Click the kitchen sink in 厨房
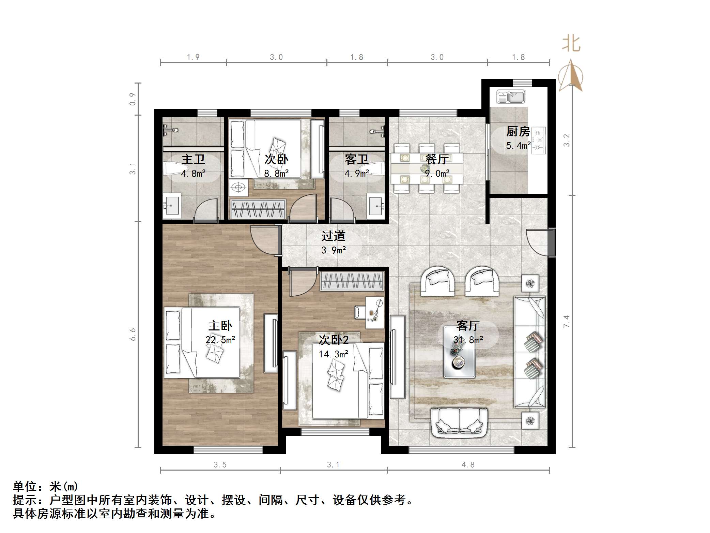click(x=510, y=97)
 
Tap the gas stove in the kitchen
click(x=538, y=140)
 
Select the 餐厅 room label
click(x=437, y=159)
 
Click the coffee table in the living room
click(x=459, y=352)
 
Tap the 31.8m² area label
click(x=468, y=340)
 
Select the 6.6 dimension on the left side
click(x=133, y=334)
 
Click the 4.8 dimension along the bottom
click(x=468, y=465)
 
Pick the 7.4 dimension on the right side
click(x=566, y=321)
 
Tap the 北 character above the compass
click(x=571, y=44)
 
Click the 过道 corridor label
click(x=334, y=236)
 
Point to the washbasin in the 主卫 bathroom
click(x=172, y=205)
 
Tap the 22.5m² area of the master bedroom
click(x=220, y=340)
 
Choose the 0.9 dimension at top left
click(x=133, y=99)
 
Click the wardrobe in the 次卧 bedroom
click(x=258, y=209)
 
